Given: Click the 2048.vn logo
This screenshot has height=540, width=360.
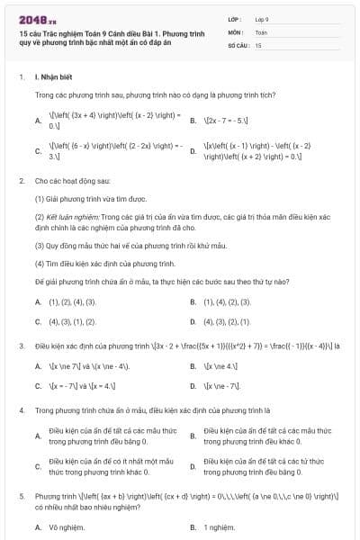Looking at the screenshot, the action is coord(35,18).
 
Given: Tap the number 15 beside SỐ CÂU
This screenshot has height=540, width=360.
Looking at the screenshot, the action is coord(258,44).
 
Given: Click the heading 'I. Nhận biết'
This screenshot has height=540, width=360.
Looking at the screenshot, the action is coord(51,77).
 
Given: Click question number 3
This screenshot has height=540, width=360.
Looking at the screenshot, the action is coord(21,346).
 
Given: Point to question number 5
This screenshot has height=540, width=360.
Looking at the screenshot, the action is coord(21,496).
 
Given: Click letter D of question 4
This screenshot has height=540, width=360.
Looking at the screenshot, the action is coord(193,467).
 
